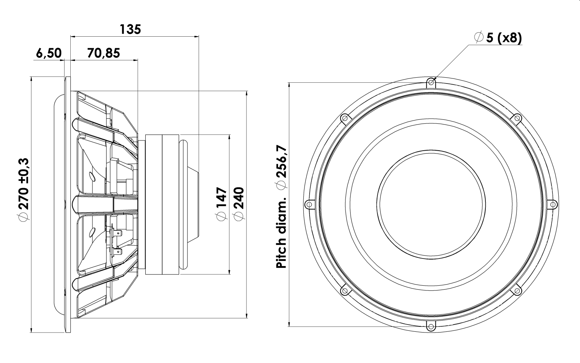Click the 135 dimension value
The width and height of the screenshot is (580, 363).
130,29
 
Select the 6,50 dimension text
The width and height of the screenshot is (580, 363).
49,53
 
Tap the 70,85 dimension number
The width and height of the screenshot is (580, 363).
104,53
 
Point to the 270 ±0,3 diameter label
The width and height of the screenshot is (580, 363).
24,184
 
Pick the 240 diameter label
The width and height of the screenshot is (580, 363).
239,198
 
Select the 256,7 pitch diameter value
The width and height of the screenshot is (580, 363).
281,161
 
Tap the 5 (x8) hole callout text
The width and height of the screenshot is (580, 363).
504,38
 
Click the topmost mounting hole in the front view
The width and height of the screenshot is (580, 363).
431,82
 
